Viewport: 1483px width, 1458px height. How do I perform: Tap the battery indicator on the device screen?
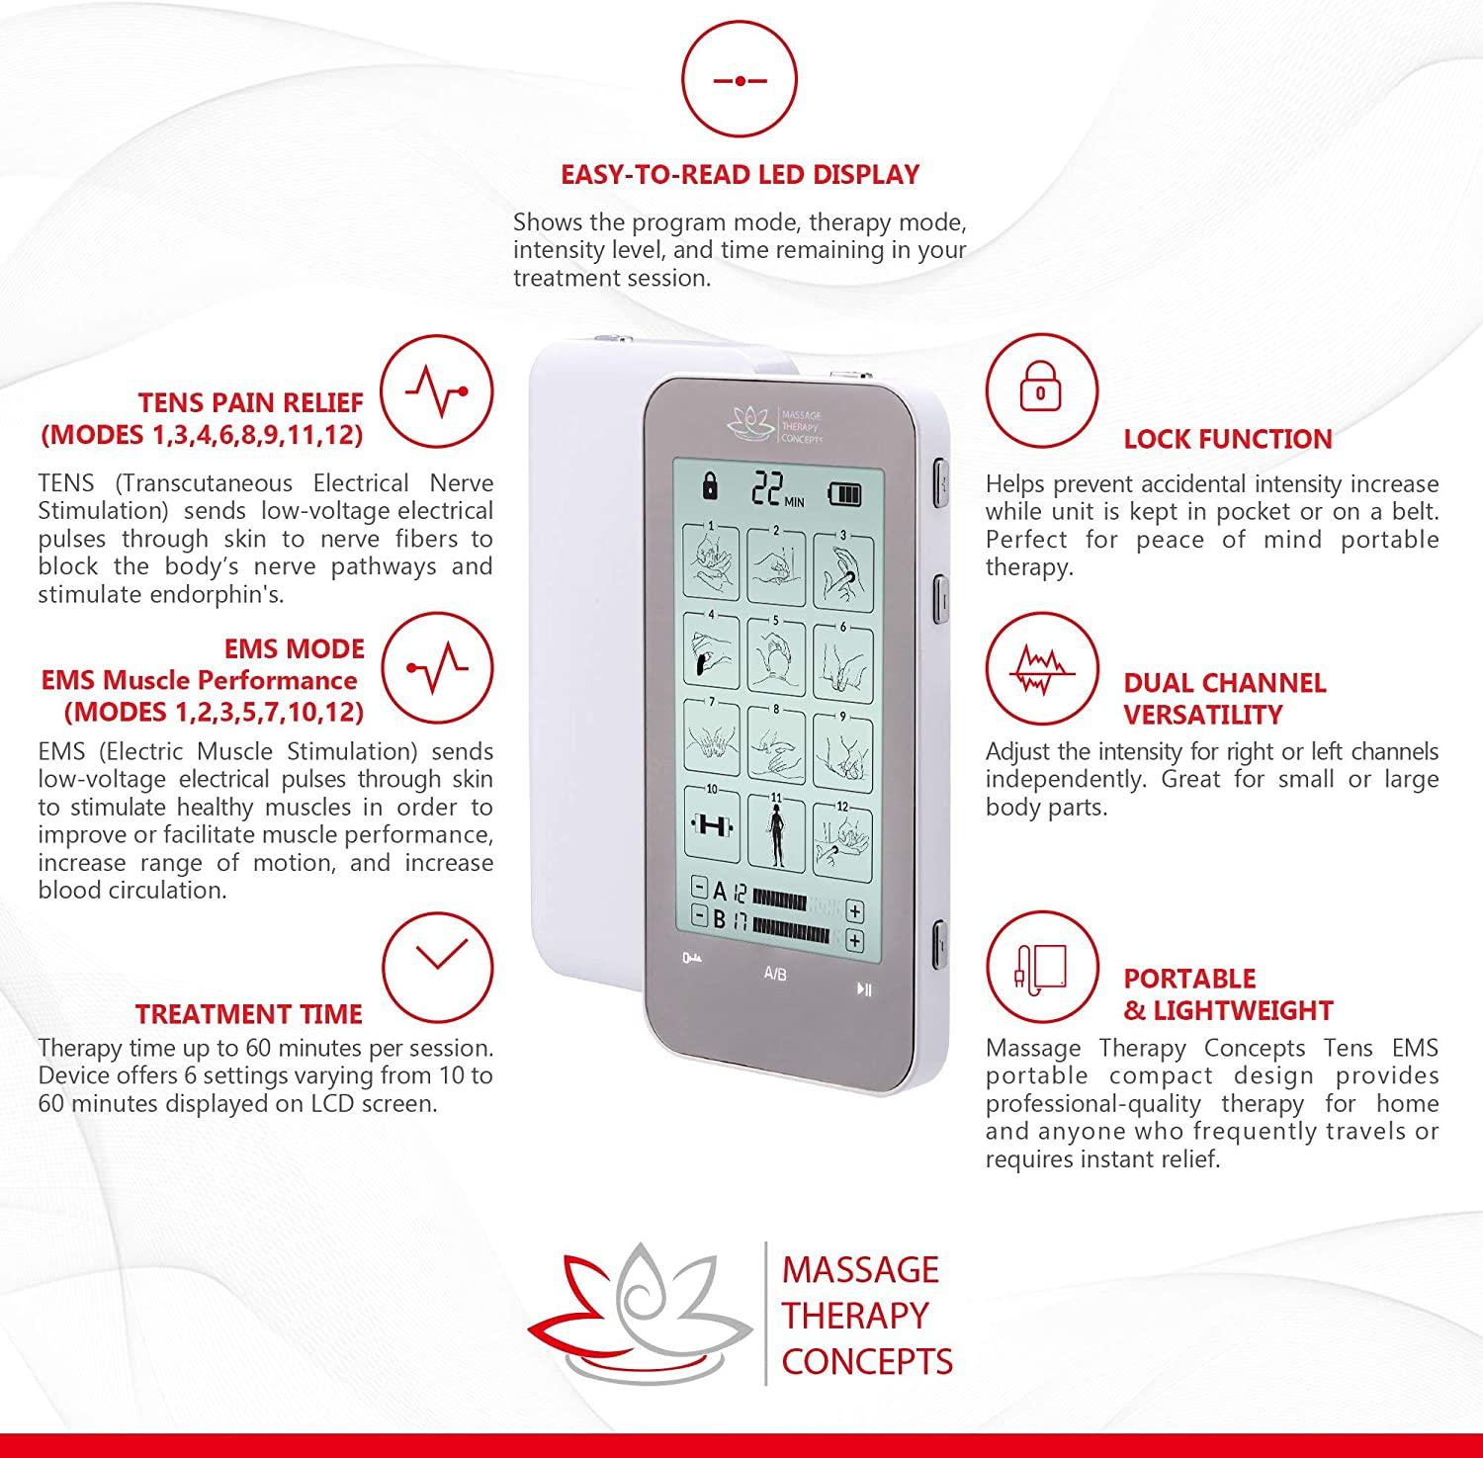point(844,492)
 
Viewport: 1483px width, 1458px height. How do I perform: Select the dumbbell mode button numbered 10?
point(710,824)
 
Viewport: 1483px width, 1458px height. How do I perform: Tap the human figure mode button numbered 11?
point(776,824)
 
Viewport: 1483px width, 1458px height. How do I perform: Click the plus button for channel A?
point(854,911)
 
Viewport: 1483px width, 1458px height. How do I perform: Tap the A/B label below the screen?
point(775,974)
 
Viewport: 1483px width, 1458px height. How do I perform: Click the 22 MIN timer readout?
point(777,489)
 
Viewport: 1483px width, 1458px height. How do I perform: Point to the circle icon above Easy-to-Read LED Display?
point(739,79)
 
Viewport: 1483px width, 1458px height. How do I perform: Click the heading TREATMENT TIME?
point(249,1014)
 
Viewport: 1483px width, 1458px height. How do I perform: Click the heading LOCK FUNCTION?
point(1228,439)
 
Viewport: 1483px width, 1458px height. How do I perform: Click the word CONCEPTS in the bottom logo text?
point(867,1361)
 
